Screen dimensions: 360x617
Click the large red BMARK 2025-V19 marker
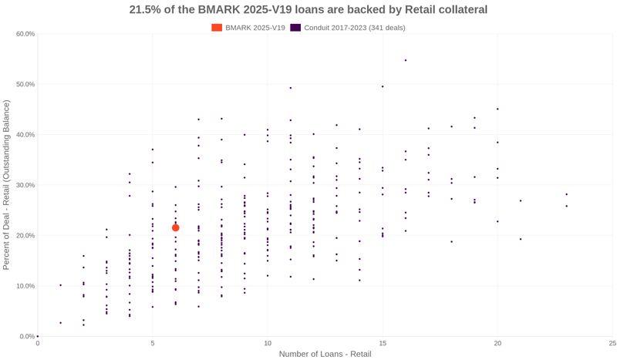pyautogui.click(x=176, y=227)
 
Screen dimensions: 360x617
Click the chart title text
pyautogui.click(x=308, y=10)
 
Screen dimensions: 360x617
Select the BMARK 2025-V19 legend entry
pyautogui.click(x=248, y=28)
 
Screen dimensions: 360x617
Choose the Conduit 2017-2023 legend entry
pyautogui.click(x=347, y=28)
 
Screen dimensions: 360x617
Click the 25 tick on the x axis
pyautogui.click(x=612, y=343)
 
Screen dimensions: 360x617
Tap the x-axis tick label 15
pyautogui.click(x=383, y=343)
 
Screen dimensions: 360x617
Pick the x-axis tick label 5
pyautogui.click(x=153, y=343)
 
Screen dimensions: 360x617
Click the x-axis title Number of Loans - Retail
pyautogui.click(x=325, y=354)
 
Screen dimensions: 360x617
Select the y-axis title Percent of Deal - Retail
pyautogui.click(x=6, y=185)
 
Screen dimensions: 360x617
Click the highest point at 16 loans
pyautogui.click(x=406, y=60)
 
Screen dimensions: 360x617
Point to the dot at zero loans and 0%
pyautogui.click(x=38, y=336)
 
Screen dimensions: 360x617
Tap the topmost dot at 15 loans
pyautogui.click(x=383, y=86)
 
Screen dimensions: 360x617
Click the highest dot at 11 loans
pyautogui.click(x=291, y=88)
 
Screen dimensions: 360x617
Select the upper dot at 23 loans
pyautogui.click(x=566, y=194)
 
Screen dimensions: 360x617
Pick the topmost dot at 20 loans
pyautogui.click(x=497, y=109)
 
